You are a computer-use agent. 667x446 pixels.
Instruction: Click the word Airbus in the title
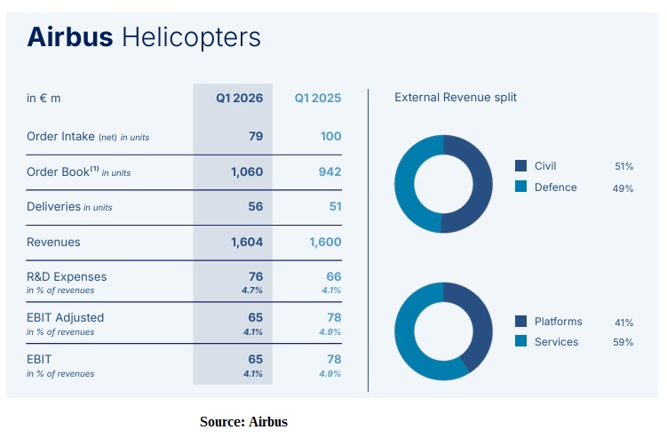click(x=70, y=37)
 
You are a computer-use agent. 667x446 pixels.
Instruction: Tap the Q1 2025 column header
click(x=318, y=98)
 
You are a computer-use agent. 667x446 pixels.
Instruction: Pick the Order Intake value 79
click(x=256, y=136)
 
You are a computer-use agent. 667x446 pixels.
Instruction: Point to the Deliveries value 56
click(x=256, y=206)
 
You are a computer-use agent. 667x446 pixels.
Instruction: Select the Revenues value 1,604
click(x=247, y=242)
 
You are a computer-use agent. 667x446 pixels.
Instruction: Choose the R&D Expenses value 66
click(x=332, y=277)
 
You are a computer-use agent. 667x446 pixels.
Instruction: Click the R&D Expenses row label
click(x=67, y=277)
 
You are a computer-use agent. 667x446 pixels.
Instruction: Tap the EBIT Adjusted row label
click(x=65, y=317)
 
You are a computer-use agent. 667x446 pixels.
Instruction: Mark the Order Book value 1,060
click(x=247, y=171)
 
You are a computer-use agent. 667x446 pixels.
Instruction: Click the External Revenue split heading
click(x=456, y=98)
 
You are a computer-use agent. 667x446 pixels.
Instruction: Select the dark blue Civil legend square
click(x=521, y=166)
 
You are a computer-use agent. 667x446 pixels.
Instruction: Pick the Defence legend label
click(x=556, y=187)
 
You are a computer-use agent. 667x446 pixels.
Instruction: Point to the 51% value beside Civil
click(x=623, y=166)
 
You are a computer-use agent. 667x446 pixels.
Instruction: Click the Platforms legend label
click(x=559, y=322)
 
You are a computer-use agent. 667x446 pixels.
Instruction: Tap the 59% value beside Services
click(x=623, y=343)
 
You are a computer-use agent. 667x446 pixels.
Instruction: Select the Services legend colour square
click(x=521, y=342)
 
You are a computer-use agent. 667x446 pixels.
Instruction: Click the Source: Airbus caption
click(x=244, y=422)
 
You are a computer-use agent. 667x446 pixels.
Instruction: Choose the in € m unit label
click(x=44, y=98)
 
